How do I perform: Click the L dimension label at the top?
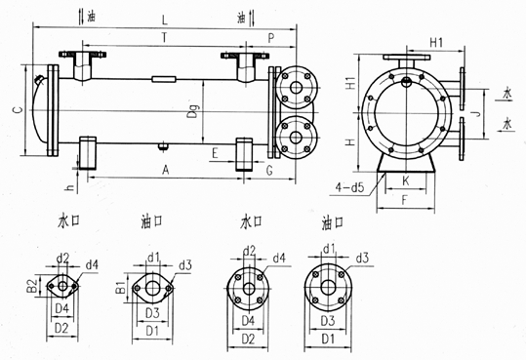(x=164, y=20)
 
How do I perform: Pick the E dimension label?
(x=215, y=153)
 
